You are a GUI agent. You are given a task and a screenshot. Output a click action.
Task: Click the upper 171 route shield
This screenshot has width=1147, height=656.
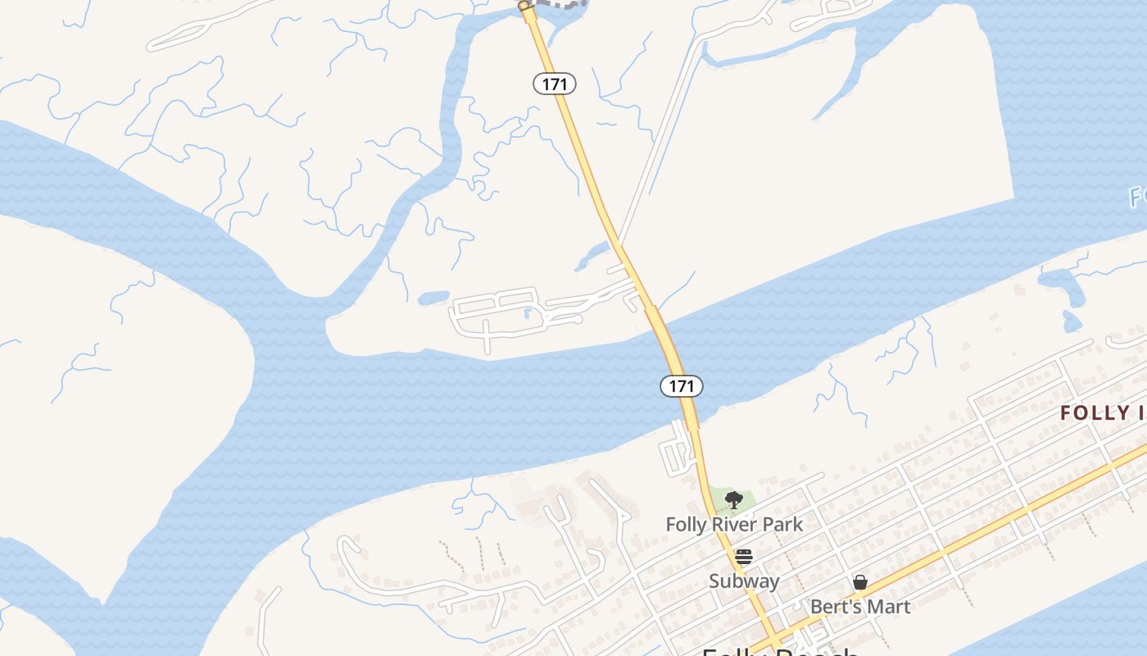pos(555,84)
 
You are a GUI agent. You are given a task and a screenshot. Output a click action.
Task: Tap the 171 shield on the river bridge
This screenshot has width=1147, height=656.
pos(682,385)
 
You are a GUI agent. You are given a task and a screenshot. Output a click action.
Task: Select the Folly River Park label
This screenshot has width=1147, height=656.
pos(734,524)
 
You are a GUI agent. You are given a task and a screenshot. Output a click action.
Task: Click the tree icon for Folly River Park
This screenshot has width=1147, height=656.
pos(734,499)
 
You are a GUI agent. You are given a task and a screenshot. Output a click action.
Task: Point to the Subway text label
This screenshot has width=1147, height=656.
pos(744,581)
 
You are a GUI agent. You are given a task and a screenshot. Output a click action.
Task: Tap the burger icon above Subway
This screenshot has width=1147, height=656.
pos(744,557)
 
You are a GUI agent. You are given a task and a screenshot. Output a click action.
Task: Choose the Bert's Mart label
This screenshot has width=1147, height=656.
pos(860,607)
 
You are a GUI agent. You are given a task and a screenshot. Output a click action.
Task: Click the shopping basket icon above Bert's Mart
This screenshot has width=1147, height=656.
pos(860,582)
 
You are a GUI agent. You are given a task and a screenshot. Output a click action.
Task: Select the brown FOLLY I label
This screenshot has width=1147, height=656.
pos(1103,412)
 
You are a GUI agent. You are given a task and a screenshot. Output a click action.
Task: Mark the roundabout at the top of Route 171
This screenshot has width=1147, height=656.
pos(524,7)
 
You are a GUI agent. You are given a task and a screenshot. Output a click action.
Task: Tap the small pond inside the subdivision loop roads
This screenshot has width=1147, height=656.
pos(528,313)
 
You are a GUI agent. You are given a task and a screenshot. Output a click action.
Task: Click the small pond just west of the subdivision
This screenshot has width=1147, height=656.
pos(433,298)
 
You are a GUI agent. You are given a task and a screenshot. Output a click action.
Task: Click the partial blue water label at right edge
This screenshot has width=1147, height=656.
pos(1137,197)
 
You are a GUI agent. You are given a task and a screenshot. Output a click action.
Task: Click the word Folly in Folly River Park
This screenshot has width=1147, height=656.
pos(685,524)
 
